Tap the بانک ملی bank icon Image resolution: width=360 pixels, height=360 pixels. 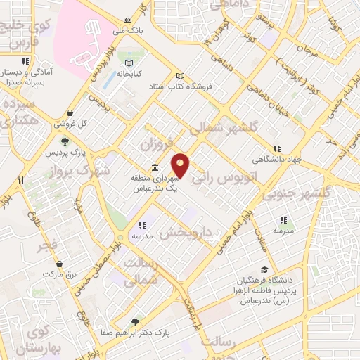coord(127,20)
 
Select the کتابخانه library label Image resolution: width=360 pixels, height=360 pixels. coord(129,73)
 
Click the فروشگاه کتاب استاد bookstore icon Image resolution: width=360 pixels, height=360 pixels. coord(180,76)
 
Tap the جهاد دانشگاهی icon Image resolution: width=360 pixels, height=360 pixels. coord(278,148)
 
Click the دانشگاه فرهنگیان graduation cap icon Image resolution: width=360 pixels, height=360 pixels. coord(264,269)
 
